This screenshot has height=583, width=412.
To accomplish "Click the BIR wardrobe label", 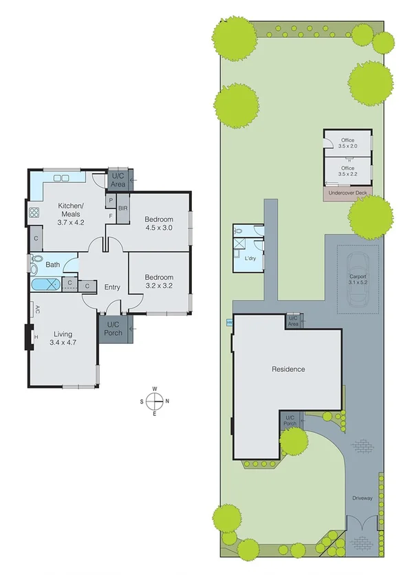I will pos(122,208).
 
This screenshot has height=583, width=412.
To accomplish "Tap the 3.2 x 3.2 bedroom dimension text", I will pos(158,283).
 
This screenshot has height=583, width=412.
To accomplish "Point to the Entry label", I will pos(112,287).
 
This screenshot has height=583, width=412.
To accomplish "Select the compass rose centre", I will pos(155,401).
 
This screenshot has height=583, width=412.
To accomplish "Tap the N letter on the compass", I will pos(167,401).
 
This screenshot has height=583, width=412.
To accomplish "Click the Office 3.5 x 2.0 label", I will pos(347,143).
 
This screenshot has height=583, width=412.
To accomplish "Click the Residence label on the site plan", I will pos(288,369).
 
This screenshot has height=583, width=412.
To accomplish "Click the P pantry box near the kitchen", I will pos(110,200).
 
